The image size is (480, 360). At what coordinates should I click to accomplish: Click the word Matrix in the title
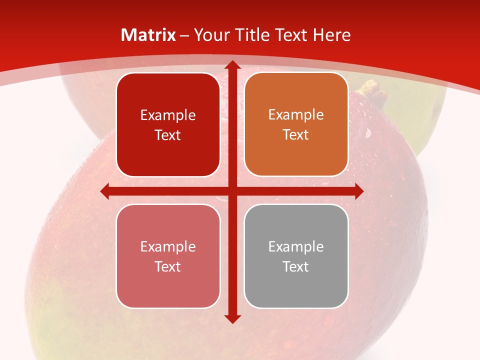148,35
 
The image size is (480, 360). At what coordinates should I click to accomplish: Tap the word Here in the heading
331,35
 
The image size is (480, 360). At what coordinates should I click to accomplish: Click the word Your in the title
209,35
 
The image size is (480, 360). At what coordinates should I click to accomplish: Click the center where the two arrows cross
232,191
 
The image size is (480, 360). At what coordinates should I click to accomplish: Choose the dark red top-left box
168,125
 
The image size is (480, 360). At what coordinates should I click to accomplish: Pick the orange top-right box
296,124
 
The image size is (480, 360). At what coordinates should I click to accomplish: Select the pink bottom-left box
168,256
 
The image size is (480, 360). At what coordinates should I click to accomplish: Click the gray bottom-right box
296,256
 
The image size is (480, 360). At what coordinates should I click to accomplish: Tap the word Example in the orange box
296,115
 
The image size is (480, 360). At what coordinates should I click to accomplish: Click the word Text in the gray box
296,266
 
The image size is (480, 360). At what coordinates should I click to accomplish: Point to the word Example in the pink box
168,246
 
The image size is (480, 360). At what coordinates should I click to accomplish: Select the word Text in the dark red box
168,135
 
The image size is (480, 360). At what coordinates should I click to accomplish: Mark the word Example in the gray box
296,246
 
